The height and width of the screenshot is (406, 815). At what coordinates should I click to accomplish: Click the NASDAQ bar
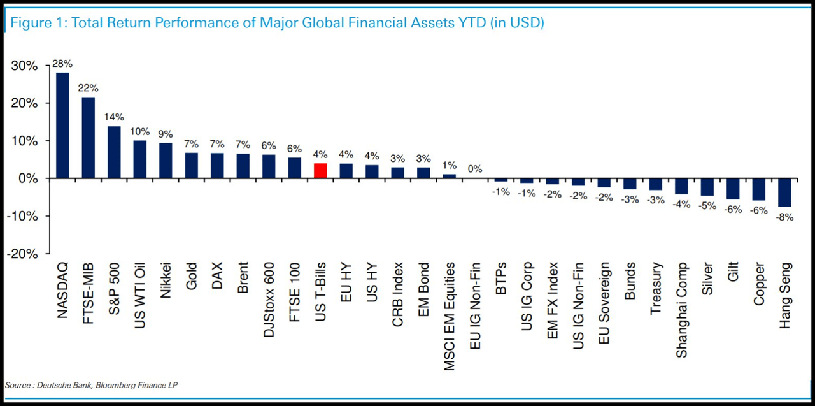[62, 126]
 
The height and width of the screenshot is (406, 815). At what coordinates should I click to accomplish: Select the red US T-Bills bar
[320, 171]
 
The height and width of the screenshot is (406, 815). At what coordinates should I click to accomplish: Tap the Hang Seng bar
[784, 192]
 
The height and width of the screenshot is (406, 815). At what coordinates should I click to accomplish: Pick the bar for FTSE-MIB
[89, 138]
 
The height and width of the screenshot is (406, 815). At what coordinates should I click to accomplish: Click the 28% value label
[62, 64]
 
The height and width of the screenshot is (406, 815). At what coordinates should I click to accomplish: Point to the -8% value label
[785, 217]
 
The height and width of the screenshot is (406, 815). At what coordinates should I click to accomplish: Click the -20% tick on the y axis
[22, 254]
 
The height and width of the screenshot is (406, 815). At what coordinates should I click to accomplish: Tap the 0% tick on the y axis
[29, 178]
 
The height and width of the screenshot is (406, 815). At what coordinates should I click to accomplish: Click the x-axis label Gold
[191, 275]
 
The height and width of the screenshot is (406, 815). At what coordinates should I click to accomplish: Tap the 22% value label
[88, 88]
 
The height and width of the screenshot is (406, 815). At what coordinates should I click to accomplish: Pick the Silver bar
[707, 187]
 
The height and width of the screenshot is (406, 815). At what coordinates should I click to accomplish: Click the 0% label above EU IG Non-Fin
[475, 170]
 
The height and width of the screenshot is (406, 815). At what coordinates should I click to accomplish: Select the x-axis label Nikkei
[166, 278]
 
